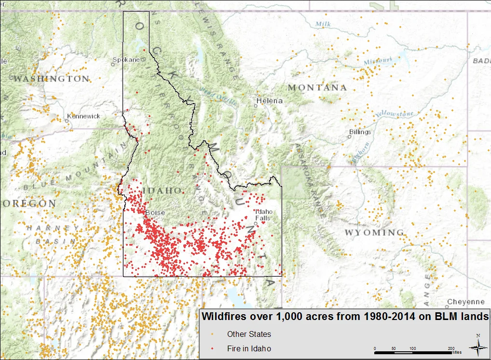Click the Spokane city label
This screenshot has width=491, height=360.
coord(126,60)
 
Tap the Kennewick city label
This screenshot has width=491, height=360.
coord(83,116)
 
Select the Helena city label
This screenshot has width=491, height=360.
coord(269,101)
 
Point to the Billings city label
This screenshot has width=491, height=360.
coord(360,132)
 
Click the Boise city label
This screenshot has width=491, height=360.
coord(155,213)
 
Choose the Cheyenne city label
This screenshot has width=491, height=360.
coord(465,302)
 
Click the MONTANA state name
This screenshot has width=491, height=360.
coord(317,88)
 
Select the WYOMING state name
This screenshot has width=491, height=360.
coord(374,233)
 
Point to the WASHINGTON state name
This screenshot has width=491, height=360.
coord(52,79)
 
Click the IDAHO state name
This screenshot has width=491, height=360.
coord(162,191)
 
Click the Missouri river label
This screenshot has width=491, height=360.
coord(378,61)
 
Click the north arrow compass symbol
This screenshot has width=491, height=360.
coord(477,345)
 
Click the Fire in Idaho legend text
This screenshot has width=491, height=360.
coord(249,348)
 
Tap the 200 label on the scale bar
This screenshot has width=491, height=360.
coord(451,348)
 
